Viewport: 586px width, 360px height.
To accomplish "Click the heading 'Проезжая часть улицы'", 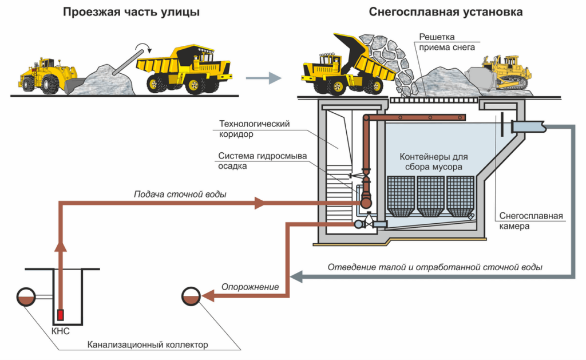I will pos(131,12).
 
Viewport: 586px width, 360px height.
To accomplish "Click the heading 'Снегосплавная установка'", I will pos(437,12).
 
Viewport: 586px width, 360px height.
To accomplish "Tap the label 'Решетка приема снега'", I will pos(447,42).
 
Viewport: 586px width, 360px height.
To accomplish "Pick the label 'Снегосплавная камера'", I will pos(532,221).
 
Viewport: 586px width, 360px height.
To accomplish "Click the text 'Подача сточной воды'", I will pos(180,194).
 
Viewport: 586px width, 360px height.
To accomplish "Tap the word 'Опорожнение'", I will pos(250,287).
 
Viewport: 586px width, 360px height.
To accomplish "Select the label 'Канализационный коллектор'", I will pos(148,345).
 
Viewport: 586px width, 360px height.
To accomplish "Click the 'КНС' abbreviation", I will pos(60,331).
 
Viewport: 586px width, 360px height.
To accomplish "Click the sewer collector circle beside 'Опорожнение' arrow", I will pos(190,295).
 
